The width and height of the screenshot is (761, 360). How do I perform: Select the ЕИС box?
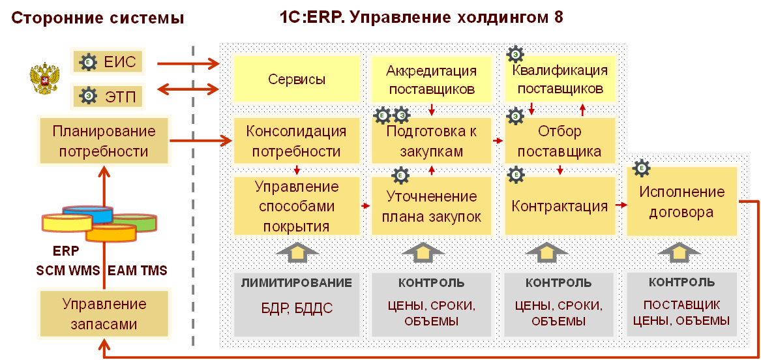[x=106, y=63]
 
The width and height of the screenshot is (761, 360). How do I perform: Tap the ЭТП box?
[x=106, y=96]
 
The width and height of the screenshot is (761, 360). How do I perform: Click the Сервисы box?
[x=297, y=80]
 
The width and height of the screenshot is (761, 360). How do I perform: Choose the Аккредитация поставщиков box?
[x=431, y=80]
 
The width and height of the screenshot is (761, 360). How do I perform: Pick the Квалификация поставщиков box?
[x=560, y=79]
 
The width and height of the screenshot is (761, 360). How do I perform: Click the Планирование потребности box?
[x=104, y=142]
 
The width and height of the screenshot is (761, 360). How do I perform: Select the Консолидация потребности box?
[x=296, y=142]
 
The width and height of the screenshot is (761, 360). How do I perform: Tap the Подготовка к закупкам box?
[x=431, y=142]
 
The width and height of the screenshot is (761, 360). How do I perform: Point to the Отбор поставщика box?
[x=560, y=142]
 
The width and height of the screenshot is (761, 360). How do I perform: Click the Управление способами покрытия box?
[x=296, y=207]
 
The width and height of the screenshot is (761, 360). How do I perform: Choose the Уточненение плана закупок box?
[x=431, y=207]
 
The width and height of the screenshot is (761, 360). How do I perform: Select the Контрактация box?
[x=560, y=207]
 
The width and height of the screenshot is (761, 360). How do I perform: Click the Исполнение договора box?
[x=681, y=202]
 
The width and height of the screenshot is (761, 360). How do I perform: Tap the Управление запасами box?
[x=104, y=314]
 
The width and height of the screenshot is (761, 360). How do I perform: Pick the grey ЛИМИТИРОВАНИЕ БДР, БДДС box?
[x=296, y=305]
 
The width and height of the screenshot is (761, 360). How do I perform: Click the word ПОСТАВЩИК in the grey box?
[x=681, y=305]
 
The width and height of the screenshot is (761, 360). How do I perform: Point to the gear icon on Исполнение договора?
[x=642, y=168]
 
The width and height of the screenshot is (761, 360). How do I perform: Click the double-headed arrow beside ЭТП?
[x=188, y=88]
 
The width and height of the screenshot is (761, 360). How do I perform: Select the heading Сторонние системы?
[x=98, y=18]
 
